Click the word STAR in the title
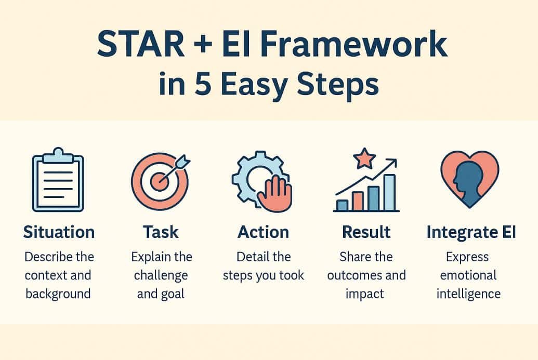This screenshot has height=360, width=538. (x=141, y=44)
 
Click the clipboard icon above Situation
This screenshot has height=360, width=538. (x=58, y=180)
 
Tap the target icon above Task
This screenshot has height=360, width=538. (x=161, y=181)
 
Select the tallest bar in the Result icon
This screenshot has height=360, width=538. (x=389, y=193)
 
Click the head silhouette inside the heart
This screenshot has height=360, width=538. (x=468, y=182)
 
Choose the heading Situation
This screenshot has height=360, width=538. (x=59, y=232)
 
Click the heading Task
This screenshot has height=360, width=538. (x=161, y=232)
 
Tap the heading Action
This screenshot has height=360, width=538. (x=263, y=232)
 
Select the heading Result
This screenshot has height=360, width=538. (x=366, y=232)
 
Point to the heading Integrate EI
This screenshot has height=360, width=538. (x=471, y=232)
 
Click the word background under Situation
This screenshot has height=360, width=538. (x=58, y=294)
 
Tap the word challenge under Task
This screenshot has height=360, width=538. (x=161, y=276)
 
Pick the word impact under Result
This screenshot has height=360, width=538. (x=365, y=294)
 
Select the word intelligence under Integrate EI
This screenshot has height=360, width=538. (x=468, y=294)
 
